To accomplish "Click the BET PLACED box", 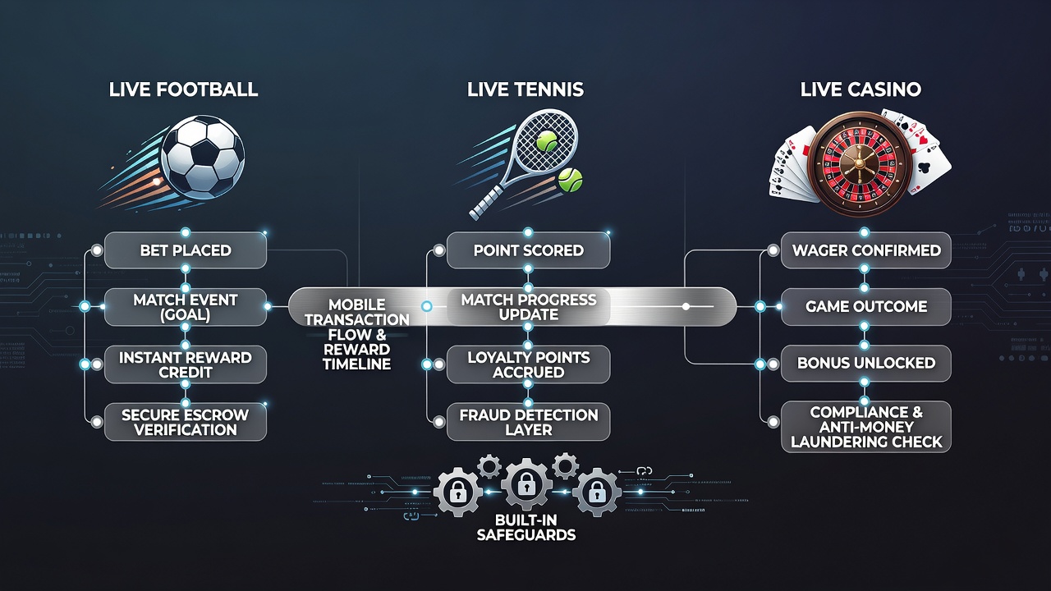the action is coord(186,250).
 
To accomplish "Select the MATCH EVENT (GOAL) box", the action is coord(186,307).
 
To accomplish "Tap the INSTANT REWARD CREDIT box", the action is coord(186,364).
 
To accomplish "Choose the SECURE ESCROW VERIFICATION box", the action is coord(186,422).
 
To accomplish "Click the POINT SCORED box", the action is coord(528,250).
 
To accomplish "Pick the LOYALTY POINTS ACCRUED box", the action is coord(528,364).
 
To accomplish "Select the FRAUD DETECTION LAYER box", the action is coord(528,422).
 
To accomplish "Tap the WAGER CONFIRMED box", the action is coord(865,250).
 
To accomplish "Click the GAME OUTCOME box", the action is coord(865,307).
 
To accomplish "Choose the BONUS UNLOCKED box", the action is coord(865,363).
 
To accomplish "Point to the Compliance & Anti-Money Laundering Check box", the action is coord(865,427).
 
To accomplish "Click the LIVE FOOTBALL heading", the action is coord(183,89).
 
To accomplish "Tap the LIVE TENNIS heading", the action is coord(525,89).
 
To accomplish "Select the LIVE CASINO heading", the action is coord(861,89).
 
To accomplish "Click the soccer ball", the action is coord(203,158).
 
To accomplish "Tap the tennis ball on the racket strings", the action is coord(547,140).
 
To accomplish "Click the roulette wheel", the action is coord(860,163).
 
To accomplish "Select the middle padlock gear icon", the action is coord(526,483).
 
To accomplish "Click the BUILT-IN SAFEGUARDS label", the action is coord(526,527).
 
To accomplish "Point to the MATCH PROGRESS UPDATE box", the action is coord(528,307).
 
